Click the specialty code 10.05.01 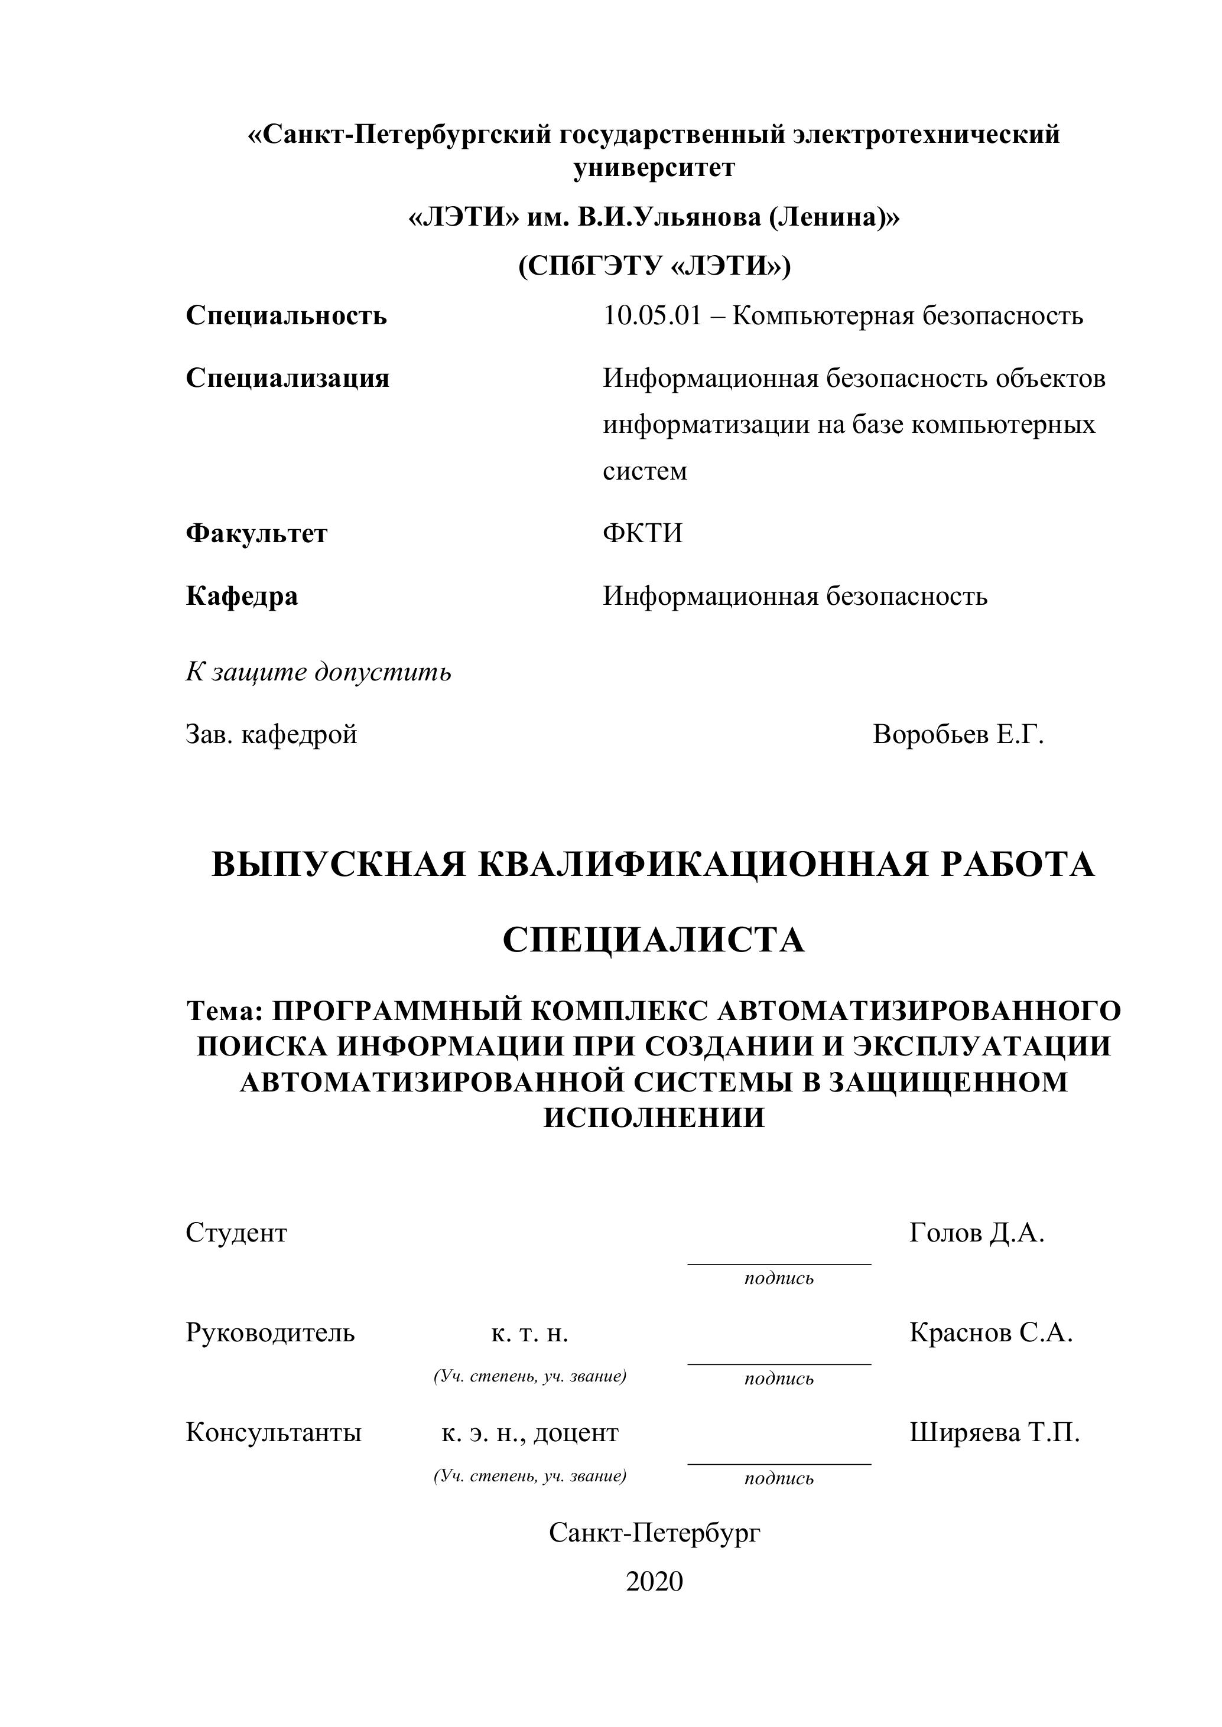(x=652, y=316)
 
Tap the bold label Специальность (x=286, y=316)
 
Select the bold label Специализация (x=287, y=379)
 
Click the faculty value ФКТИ (x=642, y=534)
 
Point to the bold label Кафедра (x=242, y=597)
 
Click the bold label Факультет (x=256, y=534)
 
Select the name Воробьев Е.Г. (x=958, y=734)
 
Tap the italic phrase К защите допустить (x=318, y=672)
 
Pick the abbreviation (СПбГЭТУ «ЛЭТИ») (x=654, y=266)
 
